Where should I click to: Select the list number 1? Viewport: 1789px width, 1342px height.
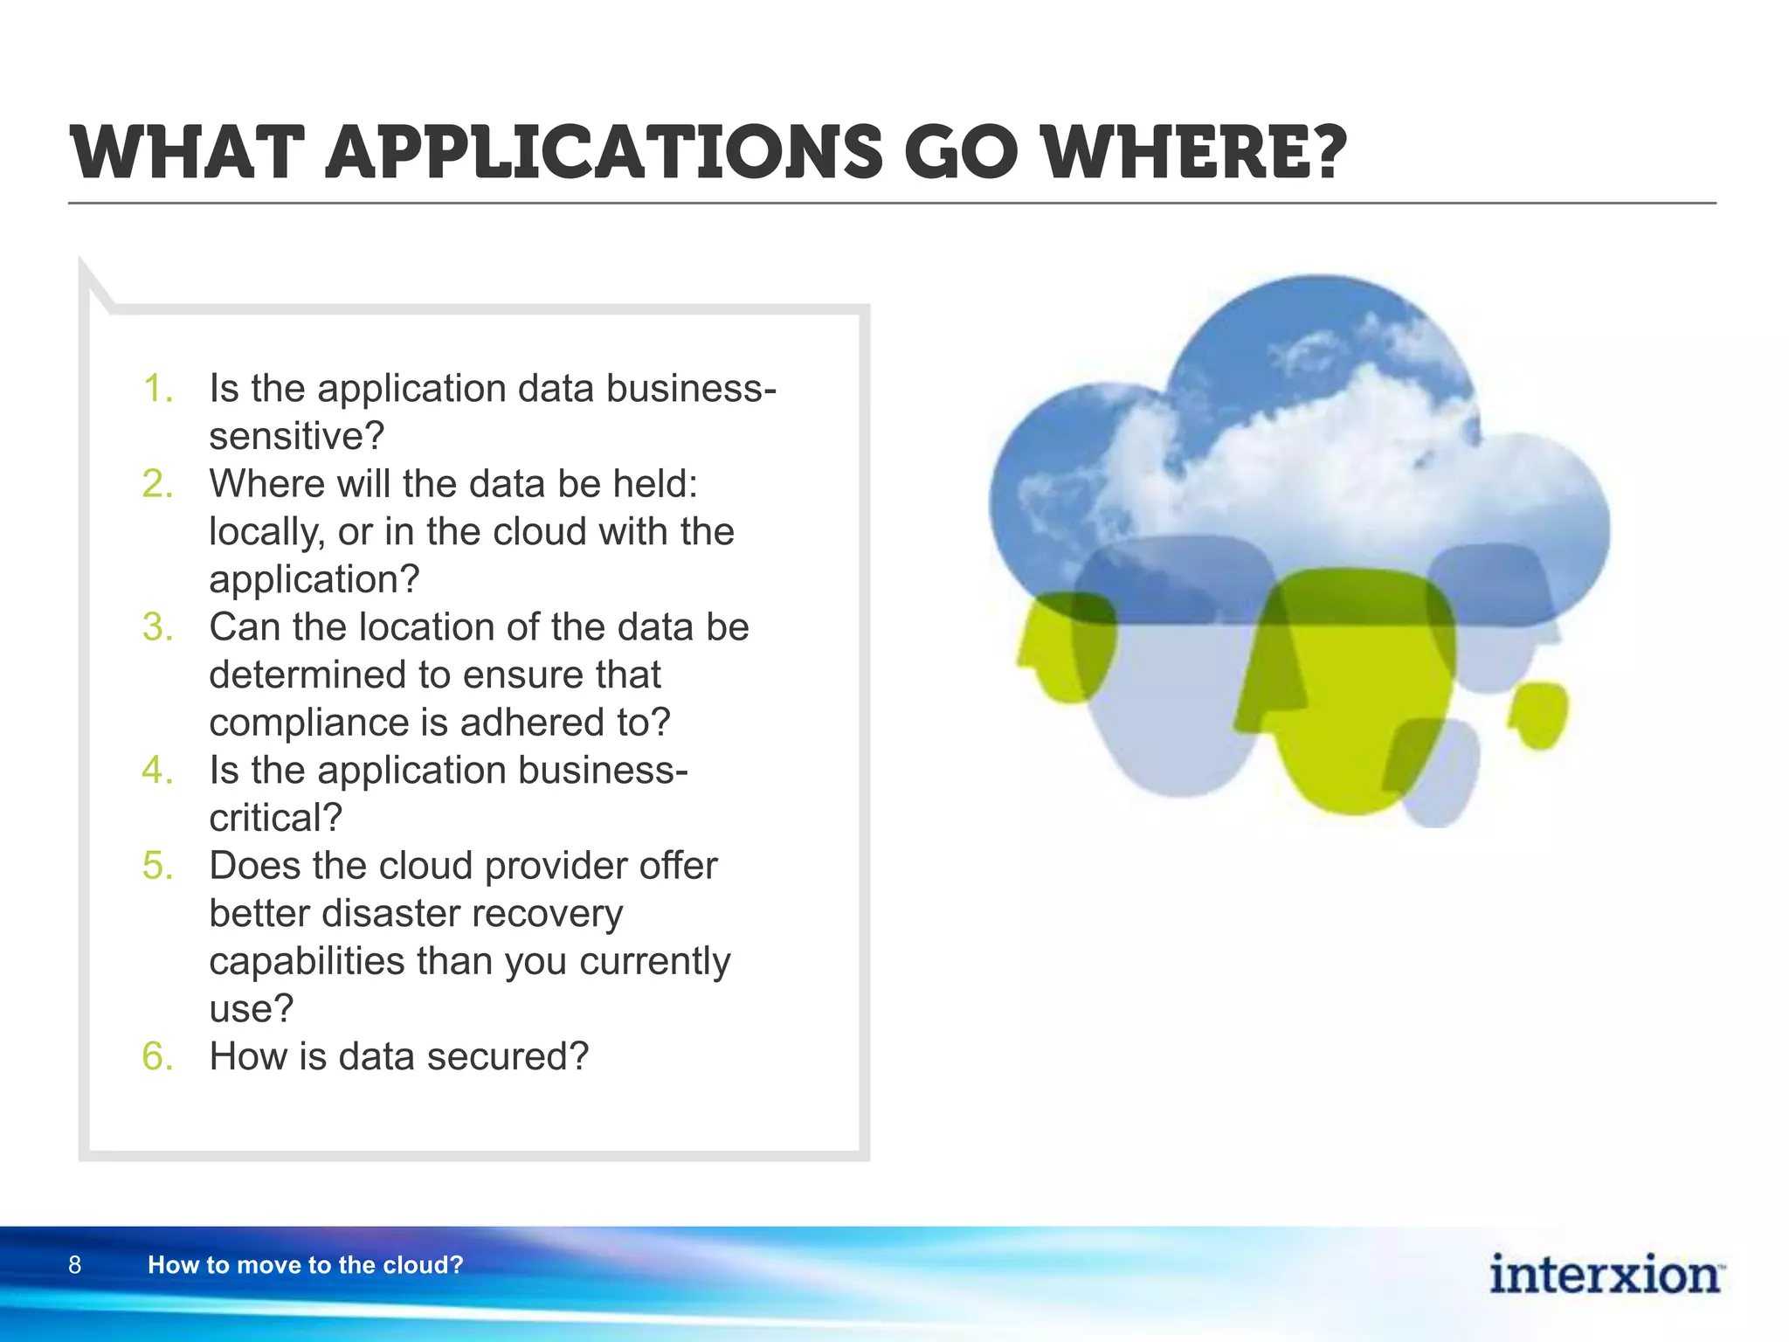tap(156, 389)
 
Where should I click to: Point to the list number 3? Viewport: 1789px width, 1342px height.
tap(157, 627)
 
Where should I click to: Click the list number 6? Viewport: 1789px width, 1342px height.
tap(157, 1056)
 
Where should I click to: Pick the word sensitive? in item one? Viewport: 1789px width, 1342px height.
tap(296, 436)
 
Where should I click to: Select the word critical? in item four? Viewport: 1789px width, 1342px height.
tap(275, 818)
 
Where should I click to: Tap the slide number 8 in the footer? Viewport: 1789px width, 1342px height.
tap(74, 1264)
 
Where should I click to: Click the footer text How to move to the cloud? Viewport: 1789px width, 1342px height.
tap(305, 1264)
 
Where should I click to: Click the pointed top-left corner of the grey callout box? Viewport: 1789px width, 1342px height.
tap(87, 271)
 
